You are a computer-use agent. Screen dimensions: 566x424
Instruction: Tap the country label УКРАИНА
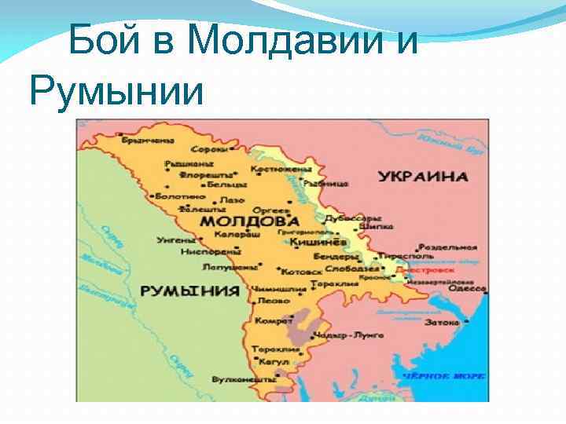tap(422, 177)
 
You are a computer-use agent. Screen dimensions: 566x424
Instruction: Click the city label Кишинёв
tap(313, 243)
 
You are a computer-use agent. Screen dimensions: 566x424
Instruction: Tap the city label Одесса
tap(469, 289)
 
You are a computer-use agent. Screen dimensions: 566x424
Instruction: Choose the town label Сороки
tap(213, 149)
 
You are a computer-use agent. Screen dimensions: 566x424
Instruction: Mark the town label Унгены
tap(176, 239)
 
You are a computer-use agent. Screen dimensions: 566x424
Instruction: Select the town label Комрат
tap(268, 322)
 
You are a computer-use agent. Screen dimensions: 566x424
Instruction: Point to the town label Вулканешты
tap(239, 378)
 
